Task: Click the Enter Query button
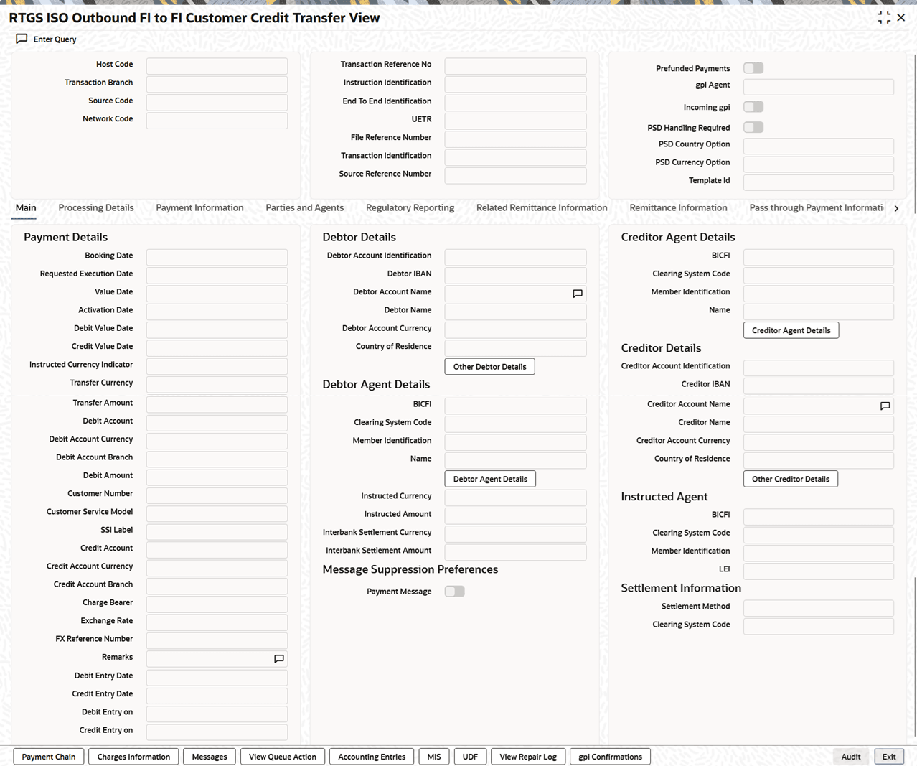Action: coord(47,39)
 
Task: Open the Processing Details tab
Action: coord(95,208)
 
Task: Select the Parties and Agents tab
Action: coord(304,208)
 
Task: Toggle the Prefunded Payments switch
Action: coord(753,68)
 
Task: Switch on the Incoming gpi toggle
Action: coord(753,107)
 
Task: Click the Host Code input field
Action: coord(217,66)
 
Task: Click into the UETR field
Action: coord(515,121)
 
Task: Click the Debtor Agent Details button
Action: coord(490,479)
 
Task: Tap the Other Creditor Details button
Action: coord(790,479)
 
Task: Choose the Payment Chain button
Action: coord(49,757)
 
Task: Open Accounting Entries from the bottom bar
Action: coord(372,757)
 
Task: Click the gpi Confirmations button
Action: coord(610,757)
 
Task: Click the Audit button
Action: coord(850,757)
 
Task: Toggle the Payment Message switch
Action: coord(454,592)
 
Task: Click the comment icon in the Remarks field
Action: coord(279,658)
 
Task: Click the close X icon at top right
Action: coord(901,17)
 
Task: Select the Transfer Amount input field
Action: coord(217,404)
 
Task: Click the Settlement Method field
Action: coord(818,607)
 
